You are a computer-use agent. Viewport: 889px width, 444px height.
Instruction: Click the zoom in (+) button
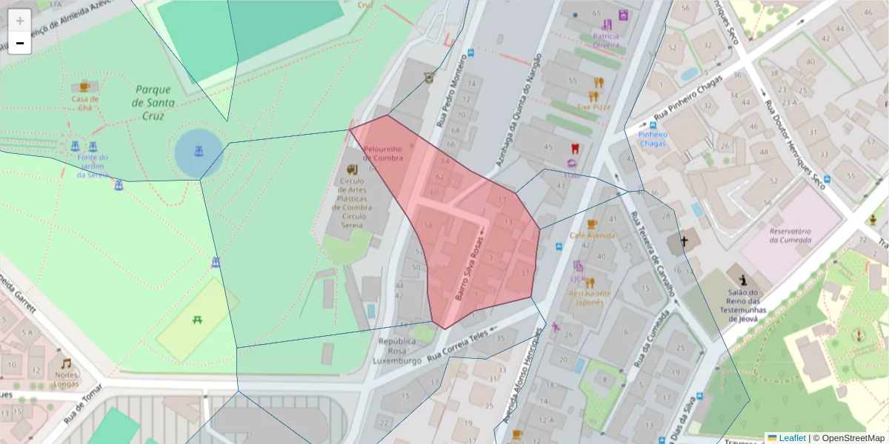click(20, 20)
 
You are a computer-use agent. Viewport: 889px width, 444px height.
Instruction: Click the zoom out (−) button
click(20, 44)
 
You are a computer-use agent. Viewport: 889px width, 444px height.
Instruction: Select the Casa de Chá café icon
click(84, 87)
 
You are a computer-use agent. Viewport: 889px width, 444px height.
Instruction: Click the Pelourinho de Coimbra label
click(383, 153)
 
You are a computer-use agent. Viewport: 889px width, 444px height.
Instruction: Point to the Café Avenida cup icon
click(591, 223)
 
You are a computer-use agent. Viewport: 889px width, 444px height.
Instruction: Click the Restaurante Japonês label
click(590, 297)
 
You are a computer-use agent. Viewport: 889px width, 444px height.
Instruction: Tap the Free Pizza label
click(593, 107)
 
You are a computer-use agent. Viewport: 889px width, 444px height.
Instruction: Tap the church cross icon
click(685, 241)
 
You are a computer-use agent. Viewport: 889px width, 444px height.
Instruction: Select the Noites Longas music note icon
click(66, 363)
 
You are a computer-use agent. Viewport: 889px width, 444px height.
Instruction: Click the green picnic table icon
click(198, 320)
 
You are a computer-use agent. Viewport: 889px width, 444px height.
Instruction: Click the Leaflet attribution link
click(791, 438)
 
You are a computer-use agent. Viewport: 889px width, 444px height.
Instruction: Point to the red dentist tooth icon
click(573, 149)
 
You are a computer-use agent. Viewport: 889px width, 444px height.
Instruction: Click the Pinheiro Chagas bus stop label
click(653, 139)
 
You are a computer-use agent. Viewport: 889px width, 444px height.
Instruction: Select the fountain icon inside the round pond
click(199, 152)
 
